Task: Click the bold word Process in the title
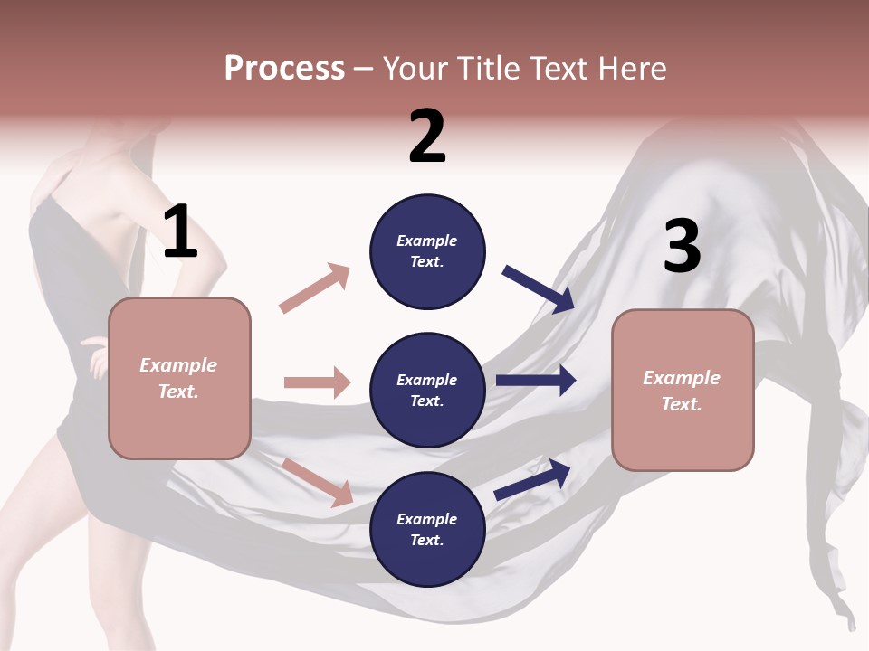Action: point(284,68)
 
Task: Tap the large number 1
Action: point(180,232)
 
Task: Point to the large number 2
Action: point(427,137)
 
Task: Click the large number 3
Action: point(683,247)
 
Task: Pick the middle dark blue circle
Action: point(427,390)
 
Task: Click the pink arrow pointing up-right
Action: point(314,288)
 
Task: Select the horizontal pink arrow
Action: point(317,382)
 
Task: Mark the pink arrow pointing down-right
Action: point(317,481)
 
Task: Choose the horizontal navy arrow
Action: point(535,381)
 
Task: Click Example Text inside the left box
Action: point(178,378)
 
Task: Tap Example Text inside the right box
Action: point(682,391)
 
